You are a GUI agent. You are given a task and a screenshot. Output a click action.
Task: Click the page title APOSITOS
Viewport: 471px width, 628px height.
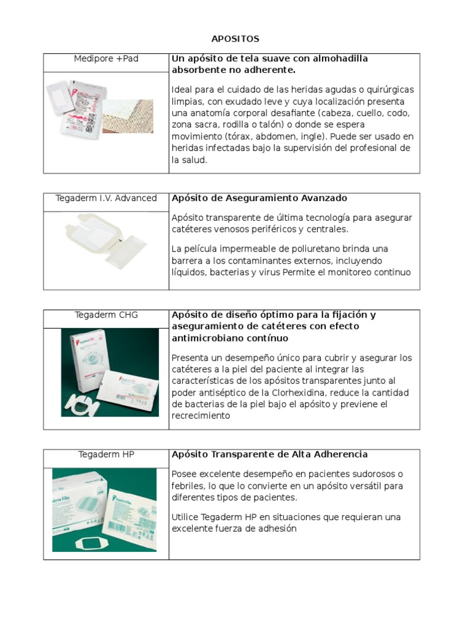pos(235,39)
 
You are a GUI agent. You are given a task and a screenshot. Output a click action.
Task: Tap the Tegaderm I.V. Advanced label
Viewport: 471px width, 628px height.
pos(106,198)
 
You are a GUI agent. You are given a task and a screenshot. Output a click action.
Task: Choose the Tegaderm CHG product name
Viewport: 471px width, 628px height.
pos(106,315)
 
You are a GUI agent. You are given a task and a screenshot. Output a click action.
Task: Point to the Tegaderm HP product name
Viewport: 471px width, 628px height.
pos(106,454)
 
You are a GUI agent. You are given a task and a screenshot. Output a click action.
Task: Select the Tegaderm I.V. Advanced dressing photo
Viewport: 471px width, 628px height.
pos(106,240)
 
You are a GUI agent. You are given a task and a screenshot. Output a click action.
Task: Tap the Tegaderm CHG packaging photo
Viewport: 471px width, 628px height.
pos(110,372)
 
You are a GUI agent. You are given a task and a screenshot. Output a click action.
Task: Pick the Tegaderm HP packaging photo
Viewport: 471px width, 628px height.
pos(104,510)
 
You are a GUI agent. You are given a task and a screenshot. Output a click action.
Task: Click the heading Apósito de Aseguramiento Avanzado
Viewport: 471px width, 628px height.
pos(259,198)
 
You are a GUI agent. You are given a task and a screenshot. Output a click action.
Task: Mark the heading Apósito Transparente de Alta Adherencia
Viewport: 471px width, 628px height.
pos(270,454)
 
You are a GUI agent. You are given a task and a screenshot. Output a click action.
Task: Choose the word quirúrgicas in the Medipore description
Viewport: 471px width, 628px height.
pos(390,90)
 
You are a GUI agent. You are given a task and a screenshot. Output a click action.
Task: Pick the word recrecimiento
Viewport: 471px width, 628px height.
pos(201,416)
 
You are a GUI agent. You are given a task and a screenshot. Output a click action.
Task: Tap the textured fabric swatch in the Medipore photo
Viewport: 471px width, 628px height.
pos(128,115)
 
